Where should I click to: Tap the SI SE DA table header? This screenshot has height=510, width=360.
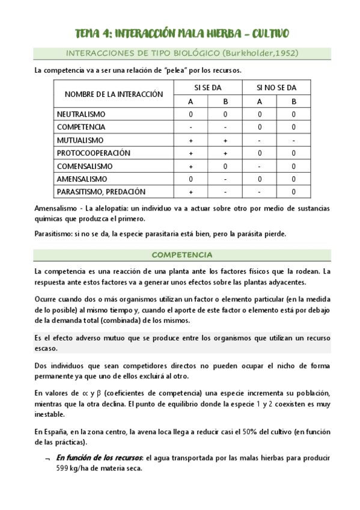coord(207,88)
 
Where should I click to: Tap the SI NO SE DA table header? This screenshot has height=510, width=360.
coord(276,88)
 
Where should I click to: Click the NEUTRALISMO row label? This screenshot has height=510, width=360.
coord(81,114)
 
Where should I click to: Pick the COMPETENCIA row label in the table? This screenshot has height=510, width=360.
coord(81,127)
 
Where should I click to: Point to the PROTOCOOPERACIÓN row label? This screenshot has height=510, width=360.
coord(93,153)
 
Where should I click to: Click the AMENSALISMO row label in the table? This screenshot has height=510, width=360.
coord(82,179)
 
